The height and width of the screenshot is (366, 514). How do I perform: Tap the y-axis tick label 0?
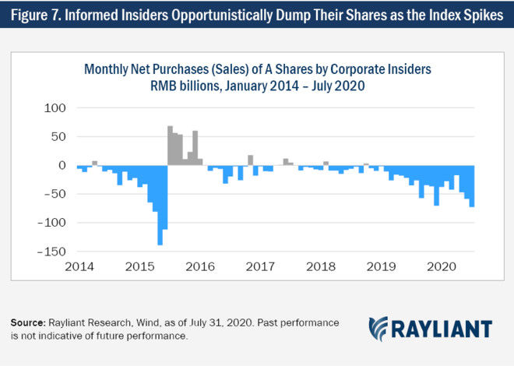pyautogui.click(x=65, y=165)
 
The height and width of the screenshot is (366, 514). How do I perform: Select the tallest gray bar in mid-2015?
pyautogui.click(x=170, y=146)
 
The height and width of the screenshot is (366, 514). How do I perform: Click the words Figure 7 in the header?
pyautogui.click(x=35, y=16)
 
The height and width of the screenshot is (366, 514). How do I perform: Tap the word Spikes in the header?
pyautogui.click(x=481, y=16)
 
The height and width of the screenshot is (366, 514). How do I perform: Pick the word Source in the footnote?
pyautogui.click(x=28, y=322)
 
